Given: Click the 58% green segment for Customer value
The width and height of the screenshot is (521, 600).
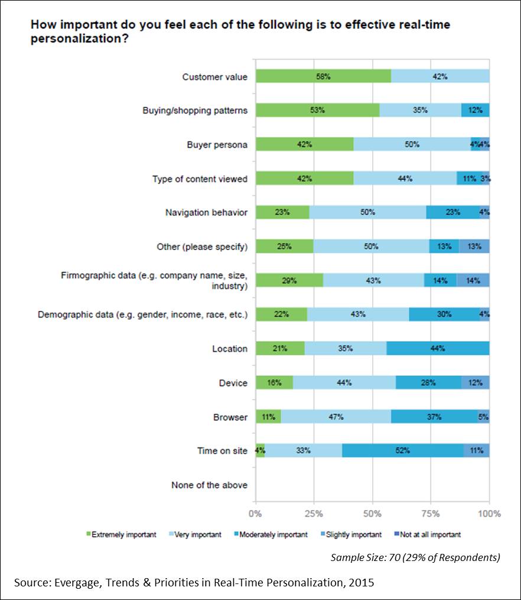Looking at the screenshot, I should coord(323,76).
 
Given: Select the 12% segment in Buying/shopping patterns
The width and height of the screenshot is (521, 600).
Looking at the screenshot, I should coord(476,111).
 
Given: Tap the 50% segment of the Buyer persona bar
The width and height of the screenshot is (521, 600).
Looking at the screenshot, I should coord(412,145).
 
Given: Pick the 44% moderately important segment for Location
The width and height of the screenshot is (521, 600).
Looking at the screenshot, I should coord(438,349).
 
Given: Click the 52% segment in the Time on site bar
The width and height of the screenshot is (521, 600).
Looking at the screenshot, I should coord(403,451).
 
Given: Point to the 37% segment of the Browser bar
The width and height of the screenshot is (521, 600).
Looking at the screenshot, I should coord(434,417).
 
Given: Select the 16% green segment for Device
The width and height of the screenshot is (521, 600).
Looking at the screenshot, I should coord(274,383).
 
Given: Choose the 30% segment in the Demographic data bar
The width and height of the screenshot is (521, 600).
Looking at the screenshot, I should coord(444,314).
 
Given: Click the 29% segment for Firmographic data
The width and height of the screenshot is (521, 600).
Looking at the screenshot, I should coord(289,281).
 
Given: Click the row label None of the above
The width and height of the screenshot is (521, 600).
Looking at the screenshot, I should coord(209,485).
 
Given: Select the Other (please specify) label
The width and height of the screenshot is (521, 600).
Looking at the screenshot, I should coord(202,247).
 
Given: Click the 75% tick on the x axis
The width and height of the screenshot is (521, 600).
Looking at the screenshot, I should coord(431,514).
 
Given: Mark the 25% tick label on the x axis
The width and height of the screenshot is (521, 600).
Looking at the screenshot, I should coord(314,514).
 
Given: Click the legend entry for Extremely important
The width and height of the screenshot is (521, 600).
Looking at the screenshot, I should coord(122,535).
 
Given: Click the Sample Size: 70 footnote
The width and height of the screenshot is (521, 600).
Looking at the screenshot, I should coord(415,557).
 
